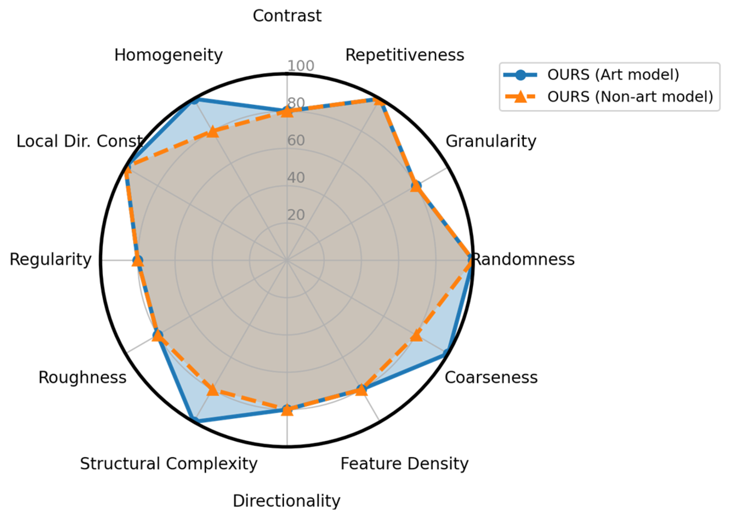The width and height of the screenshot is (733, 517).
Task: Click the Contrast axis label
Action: point(287,16)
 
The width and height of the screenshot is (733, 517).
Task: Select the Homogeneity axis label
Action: point(168,55)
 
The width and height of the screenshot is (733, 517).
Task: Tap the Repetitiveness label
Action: point(405,55)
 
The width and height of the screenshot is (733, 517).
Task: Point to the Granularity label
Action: point(491,141)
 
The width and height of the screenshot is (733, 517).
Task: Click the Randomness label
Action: point(524,259)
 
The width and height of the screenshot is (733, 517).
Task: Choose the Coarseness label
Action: point(491,377)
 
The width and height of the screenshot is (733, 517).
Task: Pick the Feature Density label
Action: point(404,464)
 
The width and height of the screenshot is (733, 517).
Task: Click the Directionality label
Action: point(286,501)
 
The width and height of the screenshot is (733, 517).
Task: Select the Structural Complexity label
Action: point(168,464)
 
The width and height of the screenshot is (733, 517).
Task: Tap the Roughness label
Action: point(82,377)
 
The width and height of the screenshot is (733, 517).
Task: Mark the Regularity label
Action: point(51,259)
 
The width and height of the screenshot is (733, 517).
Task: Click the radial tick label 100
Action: point(301,66)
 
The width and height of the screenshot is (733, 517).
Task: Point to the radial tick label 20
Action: point(296,215)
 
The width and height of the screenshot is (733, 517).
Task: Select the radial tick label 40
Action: point(296,178)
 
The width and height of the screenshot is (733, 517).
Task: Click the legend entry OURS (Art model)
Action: point(613,75)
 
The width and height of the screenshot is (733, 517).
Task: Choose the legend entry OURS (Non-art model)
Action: point(630,97)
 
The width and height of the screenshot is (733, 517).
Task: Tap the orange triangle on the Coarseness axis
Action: point(416,336)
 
